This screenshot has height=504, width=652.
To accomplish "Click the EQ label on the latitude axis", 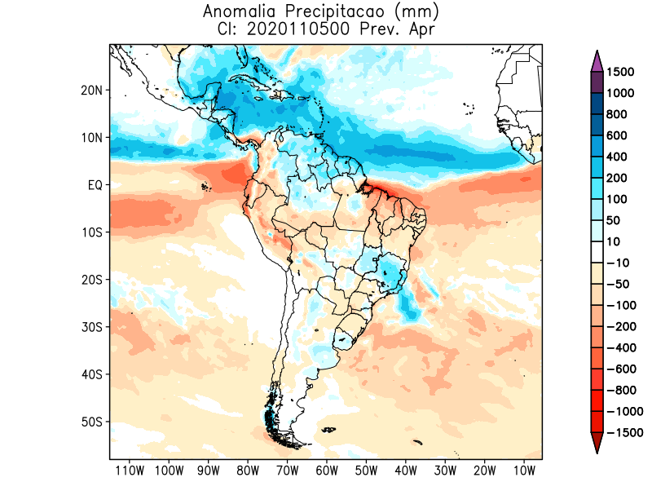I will coord(94,185).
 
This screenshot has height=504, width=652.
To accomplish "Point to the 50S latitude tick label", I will coord(91,422).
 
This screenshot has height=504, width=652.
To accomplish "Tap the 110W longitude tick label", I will coord(129,471).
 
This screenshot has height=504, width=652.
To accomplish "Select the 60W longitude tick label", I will coord(327,471).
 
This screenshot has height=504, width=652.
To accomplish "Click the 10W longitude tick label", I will coord(524,471).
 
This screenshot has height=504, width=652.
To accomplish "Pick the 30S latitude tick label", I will coord(91,327).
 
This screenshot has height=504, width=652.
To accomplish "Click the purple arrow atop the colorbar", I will coord(597,61).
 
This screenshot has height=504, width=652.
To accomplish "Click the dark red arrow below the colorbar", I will coord(597,443).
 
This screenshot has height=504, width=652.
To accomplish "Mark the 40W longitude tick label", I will coord(406,471).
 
